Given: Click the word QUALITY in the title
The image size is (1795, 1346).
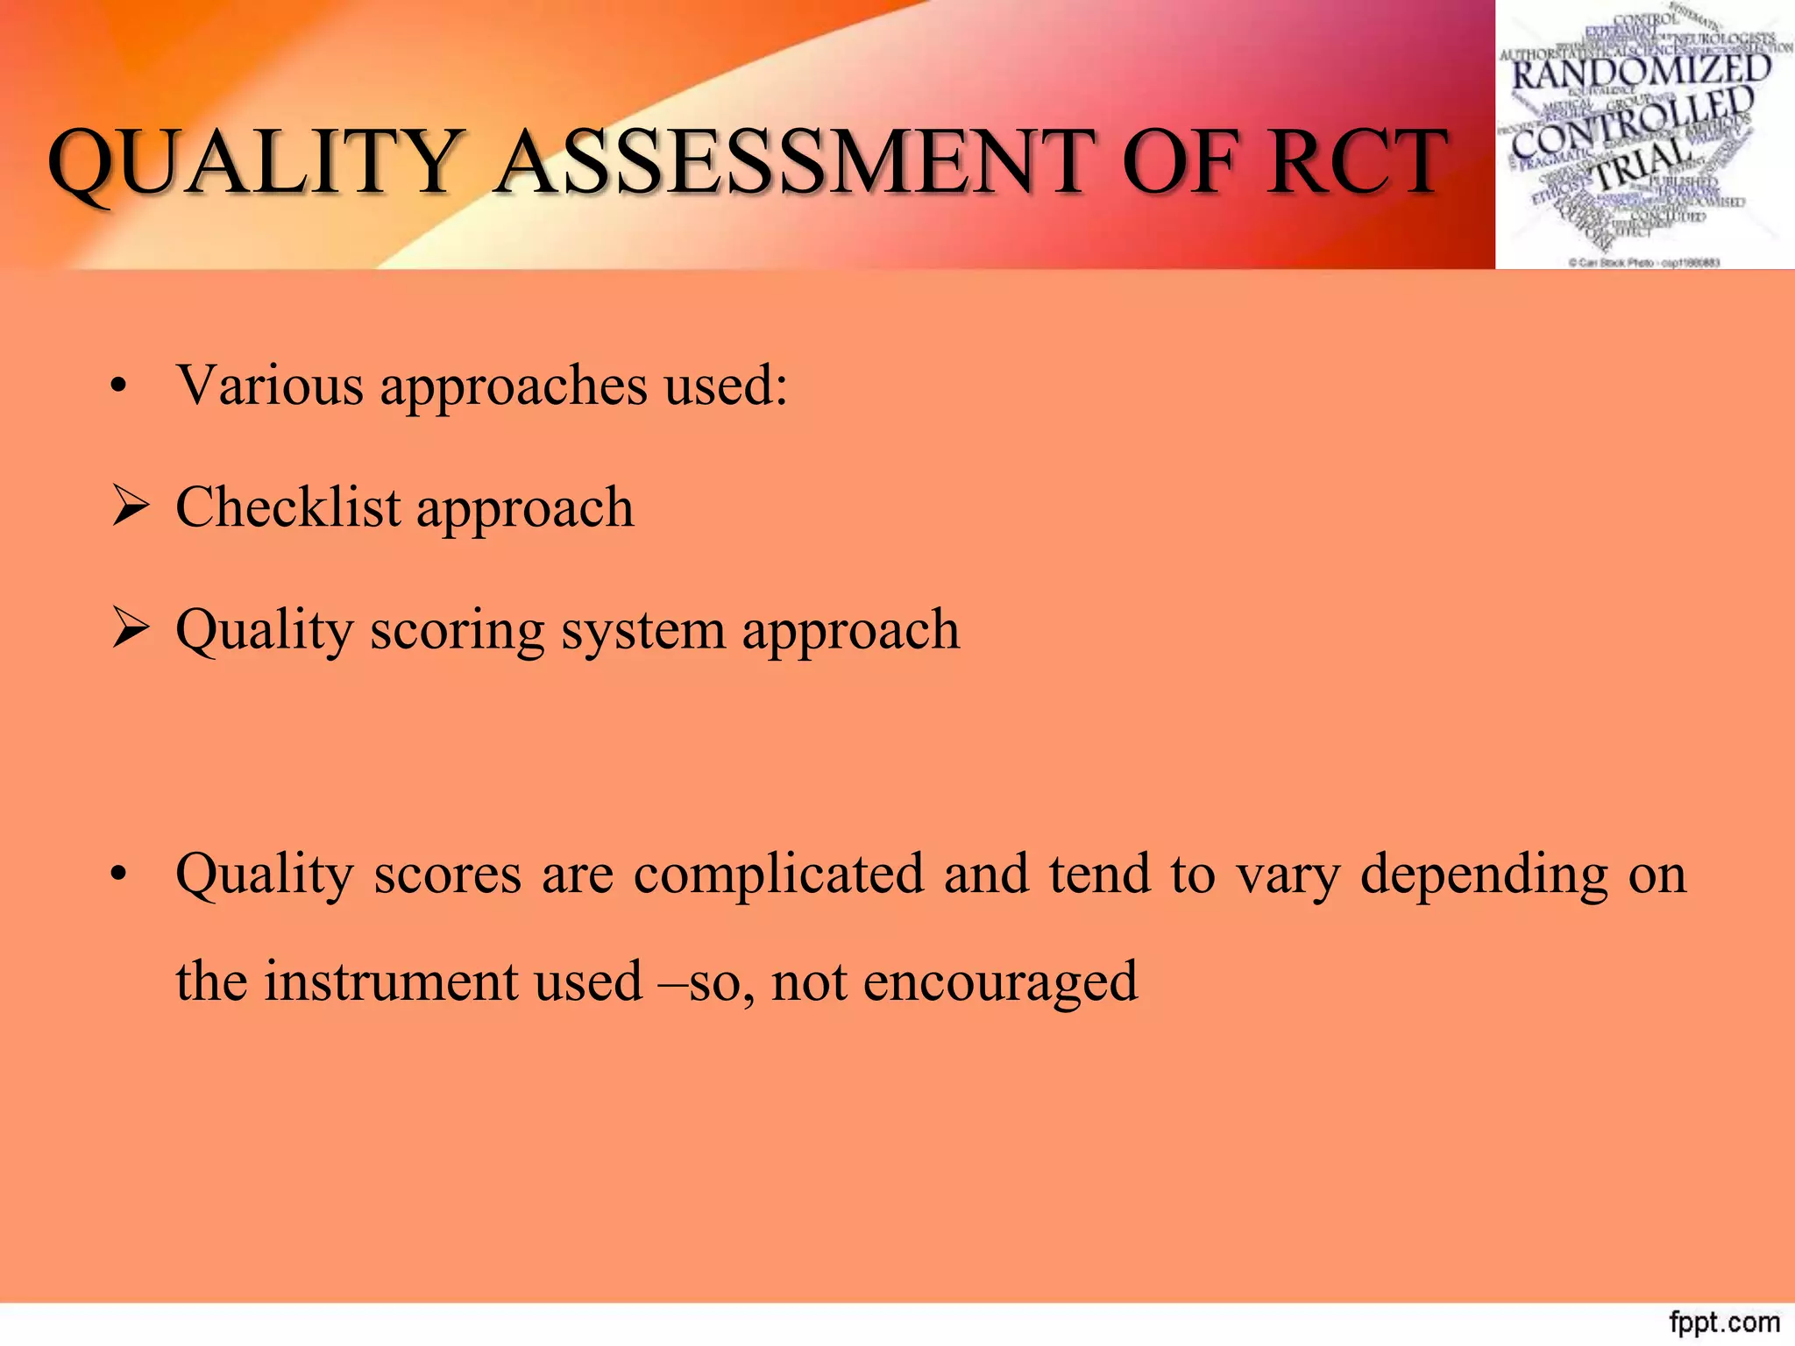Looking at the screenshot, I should pyautogui.click(x=254, y=162).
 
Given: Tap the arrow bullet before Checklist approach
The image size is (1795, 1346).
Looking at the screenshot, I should pyautogui.click(x=130, y=507).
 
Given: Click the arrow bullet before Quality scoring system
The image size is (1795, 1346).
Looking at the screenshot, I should pyautogui.click(x=130, y=629).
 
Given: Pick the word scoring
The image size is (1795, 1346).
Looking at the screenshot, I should pyautogui.click(x=457, y=631).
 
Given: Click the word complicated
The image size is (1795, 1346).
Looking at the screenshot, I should pyautogui.click(x=778, y=875).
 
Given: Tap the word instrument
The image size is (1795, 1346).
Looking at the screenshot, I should pyautogui.click(x=391, y=981).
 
